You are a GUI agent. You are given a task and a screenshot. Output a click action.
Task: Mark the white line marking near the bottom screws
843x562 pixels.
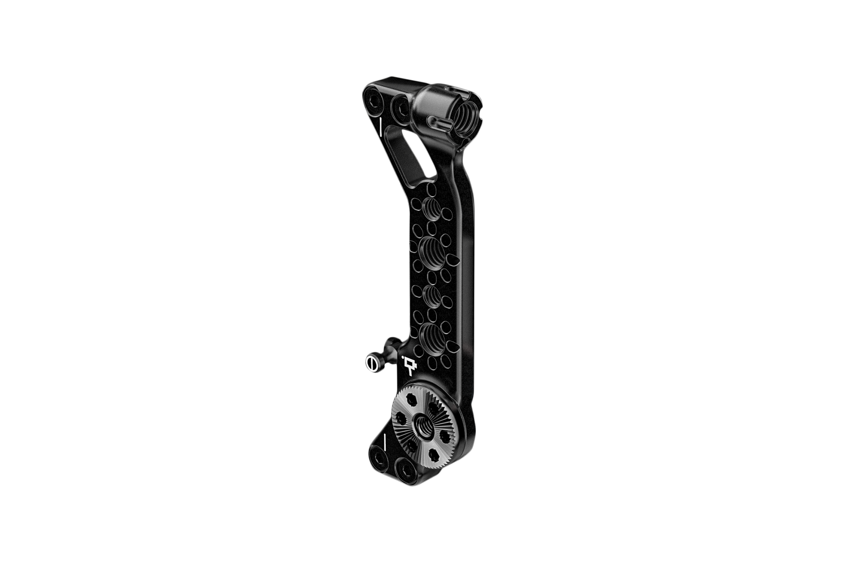(385, 442)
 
